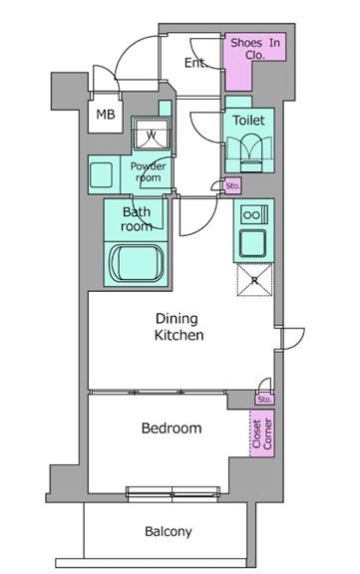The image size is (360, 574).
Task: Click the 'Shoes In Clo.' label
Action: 255,48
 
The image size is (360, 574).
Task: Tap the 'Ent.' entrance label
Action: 195,63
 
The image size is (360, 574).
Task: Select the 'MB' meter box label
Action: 106,115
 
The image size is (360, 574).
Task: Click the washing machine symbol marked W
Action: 152,134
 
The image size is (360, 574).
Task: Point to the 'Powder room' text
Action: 148,171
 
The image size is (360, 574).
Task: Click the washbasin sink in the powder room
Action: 101,175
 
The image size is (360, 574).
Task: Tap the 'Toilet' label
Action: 248,120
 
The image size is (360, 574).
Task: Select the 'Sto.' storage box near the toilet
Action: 232,186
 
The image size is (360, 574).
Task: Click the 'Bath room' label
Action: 137,219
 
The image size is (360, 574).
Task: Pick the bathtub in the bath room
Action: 137,263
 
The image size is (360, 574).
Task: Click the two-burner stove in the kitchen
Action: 253,215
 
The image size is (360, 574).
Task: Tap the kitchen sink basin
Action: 252,243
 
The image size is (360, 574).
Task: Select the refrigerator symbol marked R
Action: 254,280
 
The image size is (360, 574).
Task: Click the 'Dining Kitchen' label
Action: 179,327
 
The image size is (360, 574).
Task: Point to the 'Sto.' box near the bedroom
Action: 264,400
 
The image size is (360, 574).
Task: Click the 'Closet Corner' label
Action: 262,433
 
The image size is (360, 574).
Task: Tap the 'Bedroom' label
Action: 172,428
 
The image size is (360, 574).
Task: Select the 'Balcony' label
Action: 169,531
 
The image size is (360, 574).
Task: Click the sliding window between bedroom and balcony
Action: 173,492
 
